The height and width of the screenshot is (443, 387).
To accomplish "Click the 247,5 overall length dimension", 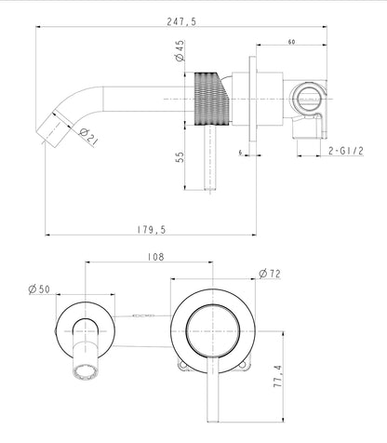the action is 181,21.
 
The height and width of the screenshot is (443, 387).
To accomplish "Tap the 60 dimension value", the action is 291,42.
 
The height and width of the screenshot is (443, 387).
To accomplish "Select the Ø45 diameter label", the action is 180,51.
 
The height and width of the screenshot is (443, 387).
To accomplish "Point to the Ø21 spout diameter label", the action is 88,137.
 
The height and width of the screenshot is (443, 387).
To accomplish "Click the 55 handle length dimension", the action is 180,157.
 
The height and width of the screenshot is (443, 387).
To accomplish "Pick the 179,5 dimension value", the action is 152,230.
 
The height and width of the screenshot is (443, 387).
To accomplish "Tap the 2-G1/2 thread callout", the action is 346,151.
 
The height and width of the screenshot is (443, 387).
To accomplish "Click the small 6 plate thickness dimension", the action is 240,153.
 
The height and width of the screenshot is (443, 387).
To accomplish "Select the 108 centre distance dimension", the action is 155,257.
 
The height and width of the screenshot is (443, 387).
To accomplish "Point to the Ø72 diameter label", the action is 270,274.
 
